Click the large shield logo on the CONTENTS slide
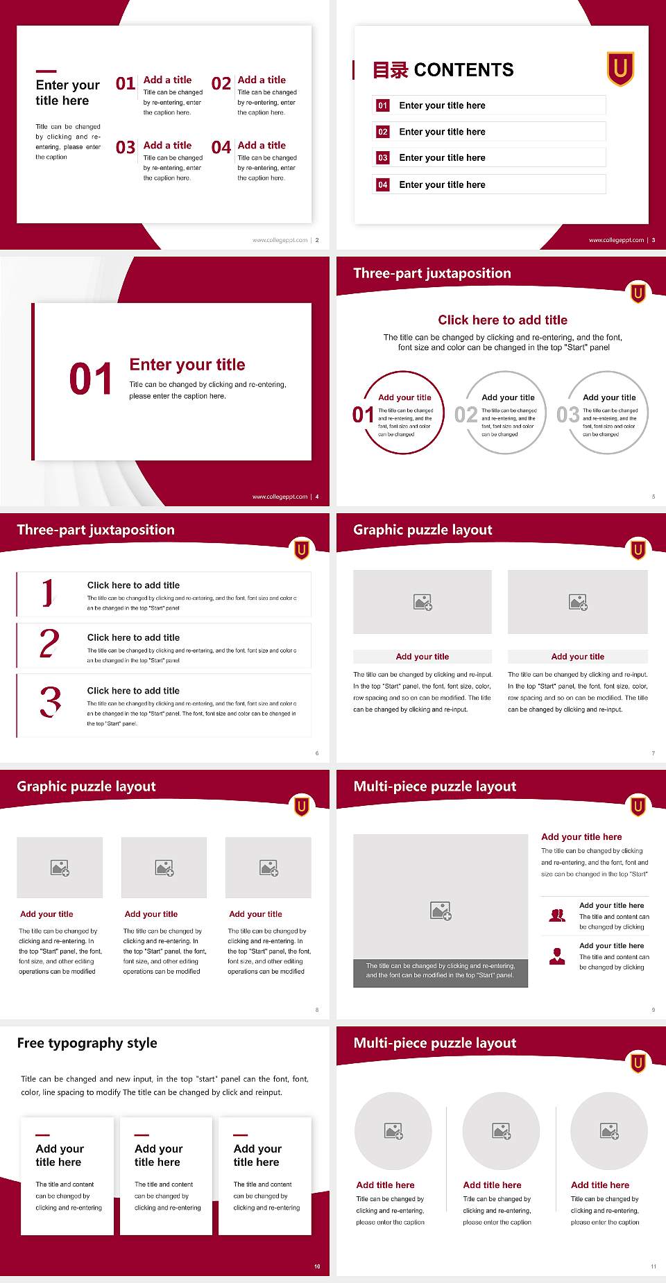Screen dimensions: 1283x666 620,69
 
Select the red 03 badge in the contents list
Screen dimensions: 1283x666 383,158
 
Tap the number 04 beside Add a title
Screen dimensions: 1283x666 221,147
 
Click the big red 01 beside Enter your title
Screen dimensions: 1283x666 90,379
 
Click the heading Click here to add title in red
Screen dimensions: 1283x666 502,320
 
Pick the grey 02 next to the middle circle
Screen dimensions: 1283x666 466,415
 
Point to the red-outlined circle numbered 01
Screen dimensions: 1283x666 404,413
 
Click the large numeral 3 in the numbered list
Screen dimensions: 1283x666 50,703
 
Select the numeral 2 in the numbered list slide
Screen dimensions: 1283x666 49,644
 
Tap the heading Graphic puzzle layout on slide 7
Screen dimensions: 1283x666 422,530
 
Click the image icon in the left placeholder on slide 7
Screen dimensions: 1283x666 422,602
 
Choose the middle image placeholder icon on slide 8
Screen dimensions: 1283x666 164,868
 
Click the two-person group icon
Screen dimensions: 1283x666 557,915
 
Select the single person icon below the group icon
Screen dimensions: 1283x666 557,956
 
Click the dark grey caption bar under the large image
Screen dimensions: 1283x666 440,971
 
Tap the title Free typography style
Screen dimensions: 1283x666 87,1043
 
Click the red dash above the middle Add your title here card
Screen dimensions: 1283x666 142,1135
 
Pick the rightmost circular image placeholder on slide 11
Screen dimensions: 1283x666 609,1131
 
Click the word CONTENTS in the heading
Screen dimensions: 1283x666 463,70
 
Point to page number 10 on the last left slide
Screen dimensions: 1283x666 317,1266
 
